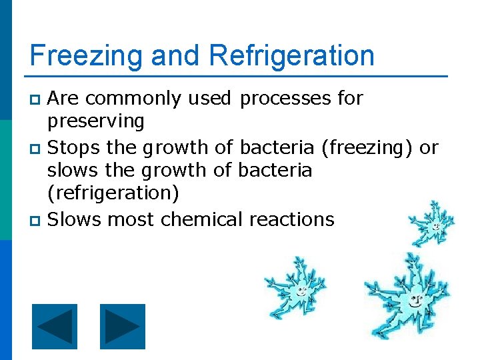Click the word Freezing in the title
[x=87, y=56]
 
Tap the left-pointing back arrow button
[x=55, y=327]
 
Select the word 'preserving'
[x=95, y=122]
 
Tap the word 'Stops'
[x=73, y=147]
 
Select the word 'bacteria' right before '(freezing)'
[x=277, y=147]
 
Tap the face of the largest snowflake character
[x=415, y=300]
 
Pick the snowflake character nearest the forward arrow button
[x=297, y=288]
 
